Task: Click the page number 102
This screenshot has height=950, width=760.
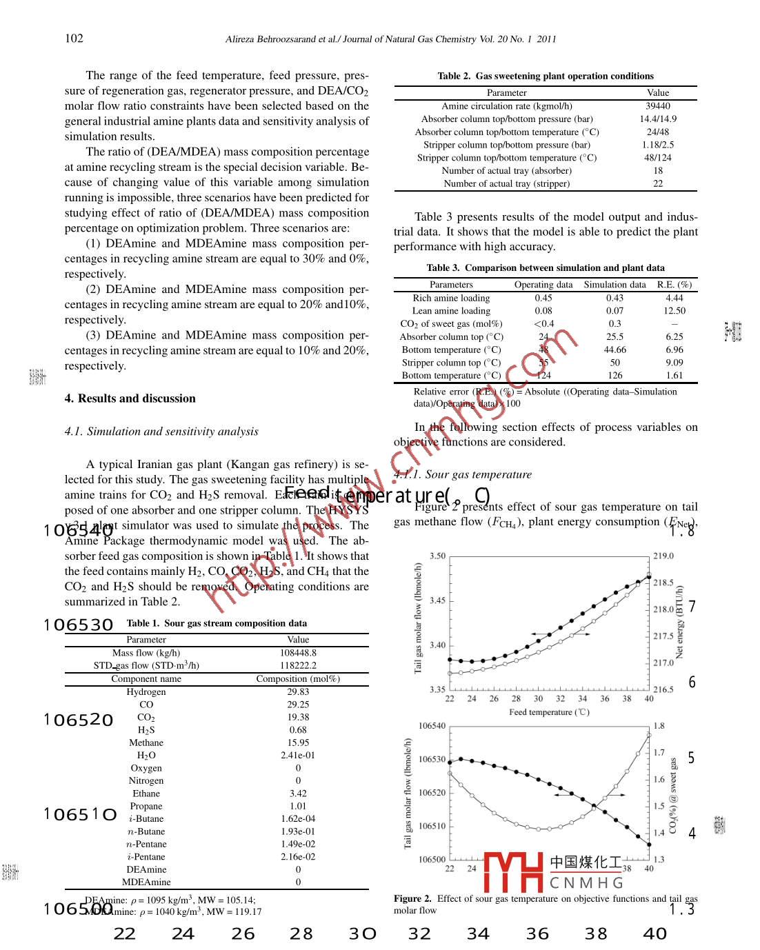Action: pyautogui.click(x=74, y=38)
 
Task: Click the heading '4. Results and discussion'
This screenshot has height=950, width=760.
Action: pyautogui.click(x=130, y=398)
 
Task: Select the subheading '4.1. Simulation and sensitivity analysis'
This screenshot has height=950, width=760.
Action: pyautogui.click(x=161, y=432)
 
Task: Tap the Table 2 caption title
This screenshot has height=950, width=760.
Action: pyautogui.click(x=546, y=76)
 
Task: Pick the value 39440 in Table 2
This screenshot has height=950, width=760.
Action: pyautogui.click(x=658, y=106)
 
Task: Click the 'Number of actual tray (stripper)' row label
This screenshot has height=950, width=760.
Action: pyautogui.click(x=506, y=183)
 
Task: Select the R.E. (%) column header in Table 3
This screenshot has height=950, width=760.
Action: pyautogui.click(x=674, y=284)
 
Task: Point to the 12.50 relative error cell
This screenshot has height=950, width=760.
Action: pyautogui.click(x=674, y=311)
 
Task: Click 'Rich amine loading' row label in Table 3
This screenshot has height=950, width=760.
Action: pyautogui.click(x=451, y=298)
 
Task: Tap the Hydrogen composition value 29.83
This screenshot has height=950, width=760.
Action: pyautogui.click(x=298, y=691)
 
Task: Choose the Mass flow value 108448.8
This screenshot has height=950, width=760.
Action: pyautogui.click(x=298, y=653)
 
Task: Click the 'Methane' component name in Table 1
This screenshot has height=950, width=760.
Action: pyautogui.click(x=146, y=742)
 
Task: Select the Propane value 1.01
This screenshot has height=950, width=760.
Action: pyautogui.click(x=298, y=806)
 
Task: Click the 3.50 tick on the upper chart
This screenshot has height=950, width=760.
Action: pyautogui.click(x=437, y=556)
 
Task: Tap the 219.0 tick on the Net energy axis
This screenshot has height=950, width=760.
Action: pyautogui.click(x=663, y=556)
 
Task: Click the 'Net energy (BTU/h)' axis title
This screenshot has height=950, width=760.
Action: pyautogui.click(x=679, y=622)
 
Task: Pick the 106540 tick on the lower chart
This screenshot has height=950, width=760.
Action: pyautogui.click(x=432, y=726)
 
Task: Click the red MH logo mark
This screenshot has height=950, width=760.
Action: pyautogui.click(x=514, y=872)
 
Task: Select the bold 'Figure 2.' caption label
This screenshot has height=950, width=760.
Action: pyautogui.click(x=412, y=898)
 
